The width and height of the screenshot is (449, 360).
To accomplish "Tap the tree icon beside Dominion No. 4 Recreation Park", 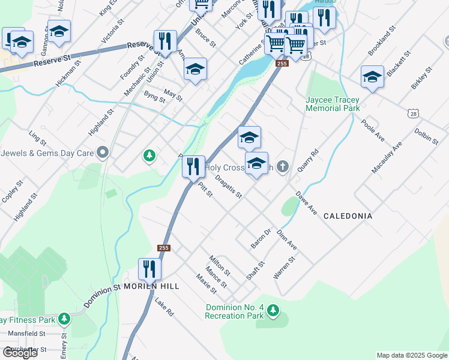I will (273, 310).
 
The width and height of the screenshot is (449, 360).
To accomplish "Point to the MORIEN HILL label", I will (151, 287).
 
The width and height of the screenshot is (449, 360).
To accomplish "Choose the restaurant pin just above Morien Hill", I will (149, 269).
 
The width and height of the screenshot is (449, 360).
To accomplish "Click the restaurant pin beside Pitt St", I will (193, 166).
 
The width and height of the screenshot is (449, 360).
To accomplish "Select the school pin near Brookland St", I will (372, 77).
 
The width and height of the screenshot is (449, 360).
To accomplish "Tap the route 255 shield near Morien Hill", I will (164, 248).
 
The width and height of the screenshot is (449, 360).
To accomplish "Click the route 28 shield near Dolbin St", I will (412, 113).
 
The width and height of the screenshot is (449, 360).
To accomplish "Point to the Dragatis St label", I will (228, 187).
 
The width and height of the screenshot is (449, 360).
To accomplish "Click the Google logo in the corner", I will (20, 353).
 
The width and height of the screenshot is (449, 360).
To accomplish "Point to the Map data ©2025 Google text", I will (411, 355).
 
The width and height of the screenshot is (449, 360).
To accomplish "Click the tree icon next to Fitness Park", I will (64, 318).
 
